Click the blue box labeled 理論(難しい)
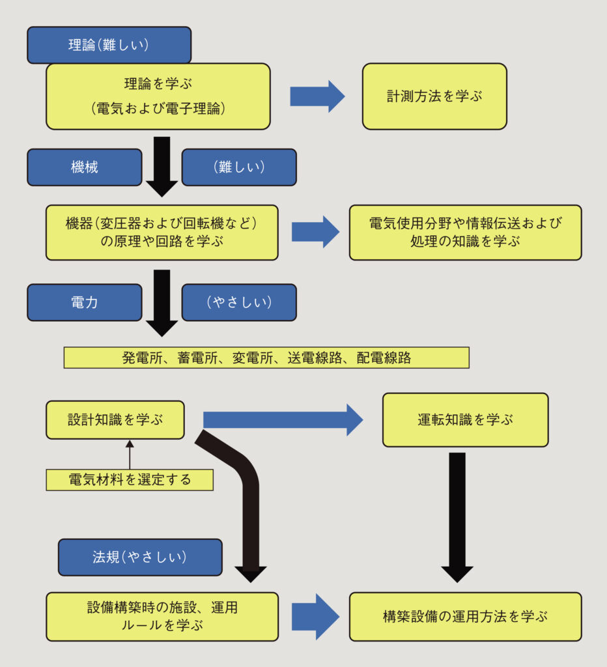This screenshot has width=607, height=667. click(109, 45)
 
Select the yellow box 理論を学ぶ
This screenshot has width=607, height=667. click(158, 96)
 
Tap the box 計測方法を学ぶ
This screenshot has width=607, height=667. click(434, 96)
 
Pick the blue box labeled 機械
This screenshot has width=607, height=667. click(84, 167)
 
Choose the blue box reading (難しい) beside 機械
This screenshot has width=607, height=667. click(238, 167)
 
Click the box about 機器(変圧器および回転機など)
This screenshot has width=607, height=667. click(162, 233)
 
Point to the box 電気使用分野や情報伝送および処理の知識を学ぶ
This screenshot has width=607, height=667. click(465, 233)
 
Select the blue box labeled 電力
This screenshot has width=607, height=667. click(84, 302)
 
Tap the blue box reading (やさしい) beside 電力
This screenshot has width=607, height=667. click(238, 302)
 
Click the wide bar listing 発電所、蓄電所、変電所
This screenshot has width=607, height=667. click(266, 358)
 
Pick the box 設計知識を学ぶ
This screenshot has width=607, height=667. click(115, 419)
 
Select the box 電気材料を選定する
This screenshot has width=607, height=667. click(130, 480)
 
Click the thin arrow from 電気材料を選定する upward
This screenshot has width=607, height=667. click(129, 455)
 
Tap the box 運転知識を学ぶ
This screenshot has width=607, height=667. click(465, 419)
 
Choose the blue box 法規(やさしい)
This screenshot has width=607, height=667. click(140, 557)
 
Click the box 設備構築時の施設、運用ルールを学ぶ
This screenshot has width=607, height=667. click(162, 616)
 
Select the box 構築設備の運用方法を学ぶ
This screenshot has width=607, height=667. click(465, 616)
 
